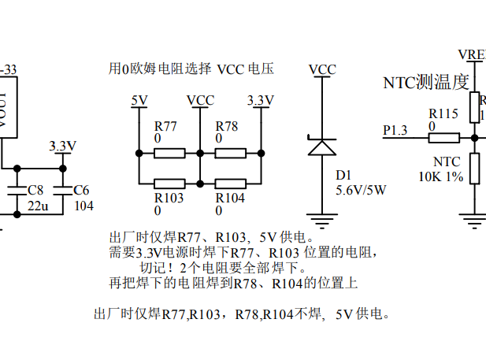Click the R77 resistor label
pos(165,127)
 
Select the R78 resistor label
pos(227,127)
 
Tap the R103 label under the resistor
pos(169,199)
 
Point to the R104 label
pos(230,199)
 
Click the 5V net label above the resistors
pos(139,100)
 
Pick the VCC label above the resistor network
pos(200,100)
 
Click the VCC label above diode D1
pos(322,70)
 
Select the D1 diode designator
pos(343,175)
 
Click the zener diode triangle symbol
pos(321,147)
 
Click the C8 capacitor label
pos(35,191)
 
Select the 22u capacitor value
pos(38,206)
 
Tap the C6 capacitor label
pos(81,191)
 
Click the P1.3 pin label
pos(395,130)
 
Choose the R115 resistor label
pos(443,114)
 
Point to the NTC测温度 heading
pos(425,82)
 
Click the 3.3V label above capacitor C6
pos(62,147)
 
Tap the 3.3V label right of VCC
pos(261,100)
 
